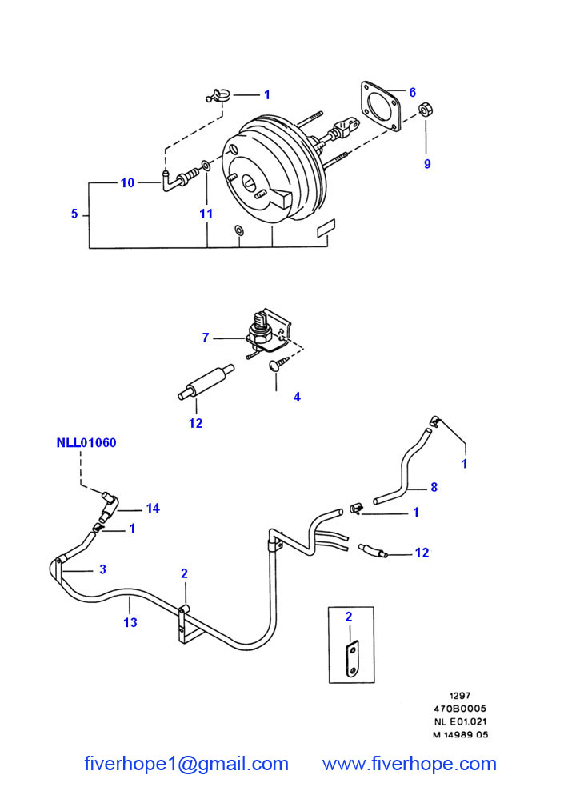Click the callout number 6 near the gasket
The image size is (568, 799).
click(x=413, y=92)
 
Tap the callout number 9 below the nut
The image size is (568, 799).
click(x=427, y=164)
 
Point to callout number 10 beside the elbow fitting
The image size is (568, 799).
click(x=127, y=182)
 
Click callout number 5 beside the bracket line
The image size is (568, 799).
click(x=74, y=214)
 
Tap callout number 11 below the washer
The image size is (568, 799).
click(x=206, y=214)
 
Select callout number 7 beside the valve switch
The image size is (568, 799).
click(x=206, y=338)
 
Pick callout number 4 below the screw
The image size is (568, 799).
click(x=297, y=397)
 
